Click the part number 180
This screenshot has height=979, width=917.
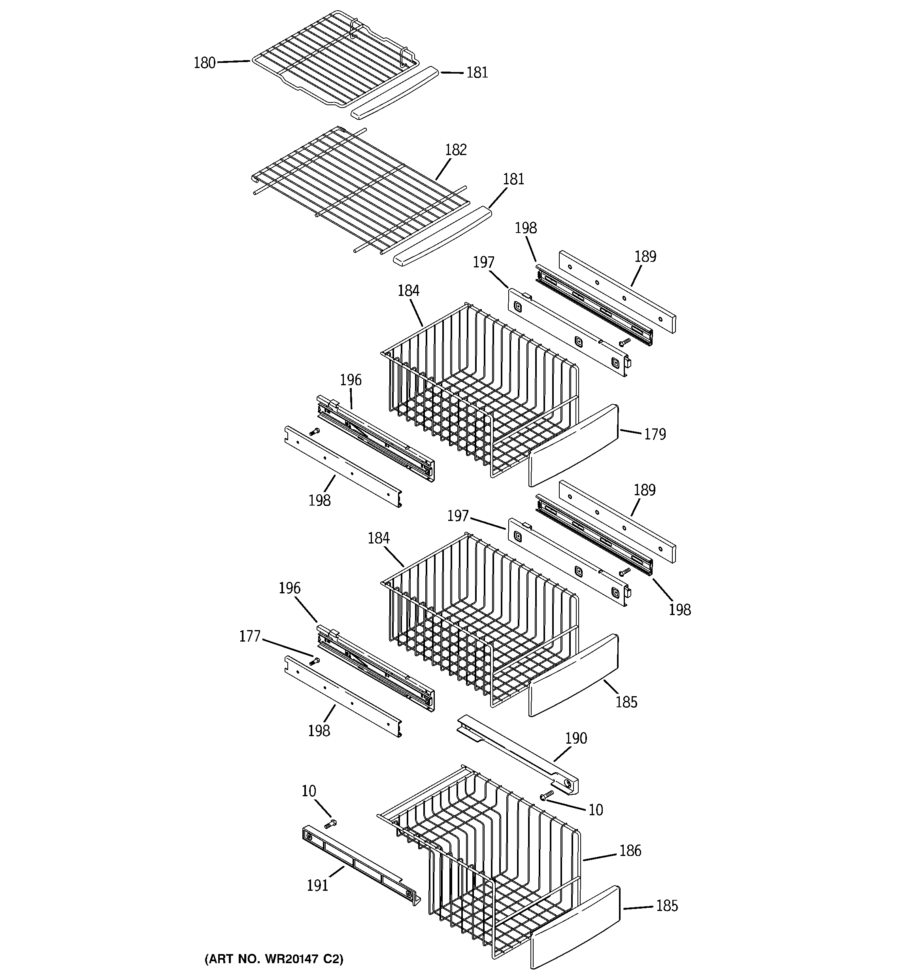pyautogui.click(x=204, y=63)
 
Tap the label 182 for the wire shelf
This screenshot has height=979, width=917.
pyautogui.click(x=455, y=150)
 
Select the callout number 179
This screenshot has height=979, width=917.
pyautogui.click(x=655, y=434)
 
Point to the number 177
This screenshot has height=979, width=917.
pyautogui.click(x=249, y=637)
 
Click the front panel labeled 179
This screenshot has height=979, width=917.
pyautogui.click(x=574, y=445)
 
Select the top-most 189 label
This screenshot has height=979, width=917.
pyautogui.click(x=645, y=257)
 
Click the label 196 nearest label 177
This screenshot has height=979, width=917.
pyautogui.click(x=289, y=588)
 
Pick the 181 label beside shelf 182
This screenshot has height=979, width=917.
pyautogui.click(x=513, y=179)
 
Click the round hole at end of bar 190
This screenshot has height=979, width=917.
pyautogui.click(x=568, y=784)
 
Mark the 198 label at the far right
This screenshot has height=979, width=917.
pyautogui.click(x=679, y=610)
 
